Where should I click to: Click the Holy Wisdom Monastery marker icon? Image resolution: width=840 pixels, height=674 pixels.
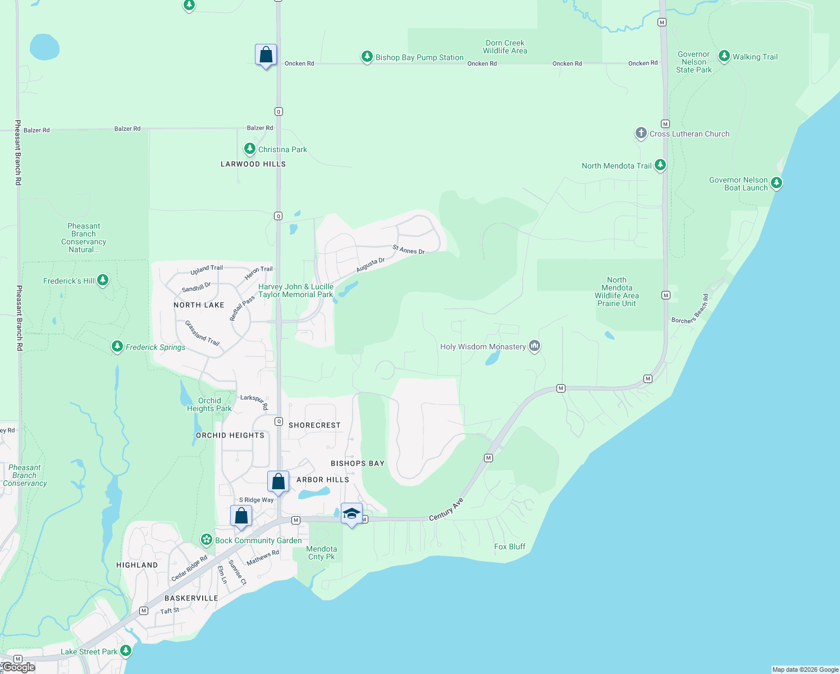[x=535, y=346]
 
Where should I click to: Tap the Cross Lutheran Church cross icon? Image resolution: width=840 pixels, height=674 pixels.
[x=641, y=133]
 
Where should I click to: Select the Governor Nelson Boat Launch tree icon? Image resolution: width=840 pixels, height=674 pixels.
[x=777, y=183]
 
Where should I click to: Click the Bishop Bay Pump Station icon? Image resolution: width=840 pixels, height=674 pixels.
[x=367, y=57]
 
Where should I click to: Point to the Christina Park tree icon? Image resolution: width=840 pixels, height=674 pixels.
[x=249, y=149]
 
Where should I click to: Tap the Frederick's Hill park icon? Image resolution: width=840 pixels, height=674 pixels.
[x=103, y=280]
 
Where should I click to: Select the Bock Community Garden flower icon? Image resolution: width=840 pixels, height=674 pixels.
[x=207, y=540]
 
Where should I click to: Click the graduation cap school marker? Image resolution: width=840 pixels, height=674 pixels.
[x=351, y=513]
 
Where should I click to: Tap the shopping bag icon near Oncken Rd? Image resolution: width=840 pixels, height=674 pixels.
[x=266, y=55]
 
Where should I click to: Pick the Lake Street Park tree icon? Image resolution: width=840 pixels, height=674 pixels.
[x=126, y=651]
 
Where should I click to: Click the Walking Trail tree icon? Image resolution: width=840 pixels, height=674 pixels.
[x=724, y=56]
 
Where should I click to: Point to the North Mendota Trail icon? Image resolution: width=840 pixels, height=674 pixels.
[x=660, y=165]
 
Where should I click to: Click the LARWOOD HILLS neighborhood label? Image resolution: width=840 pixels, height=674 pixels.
[x=253, y=164]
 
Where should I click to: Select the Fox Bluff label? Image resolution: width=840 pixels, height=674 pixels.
[x=510, y=547]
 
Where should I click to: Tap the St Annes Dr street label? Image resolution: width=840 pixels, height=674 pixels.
[x=409, y=249]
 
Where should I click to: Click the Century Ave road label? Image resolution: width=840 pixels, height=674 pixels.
[x=446, y=509]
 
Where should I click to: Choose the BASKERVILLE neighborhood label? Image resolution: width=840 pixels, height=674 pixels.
[x=191, y=598]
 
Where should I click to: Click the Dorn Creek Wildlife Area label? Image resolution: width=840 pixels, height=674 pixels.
[x=505, y=47]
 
